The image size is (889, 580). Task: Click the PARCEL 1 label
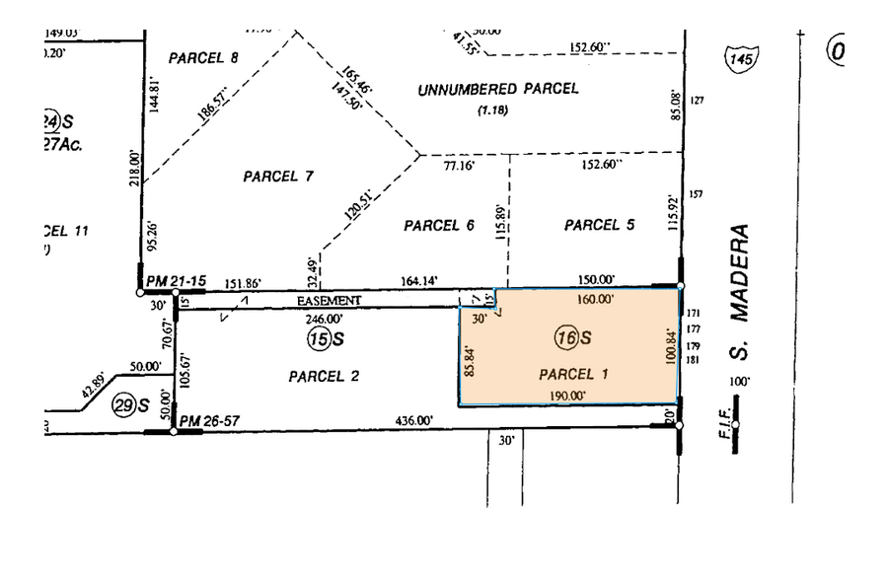coord(574,374)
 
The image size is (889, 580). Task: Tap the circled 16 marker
coord(565,337)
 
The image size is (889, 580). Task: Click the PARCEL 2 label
coord(324,376)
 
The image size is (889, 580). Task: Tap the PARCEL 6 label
coord(439,226)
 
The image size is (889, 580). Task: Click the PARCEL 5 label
coord(599,225)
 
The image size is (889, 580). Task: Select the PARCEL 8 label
coord(203,57)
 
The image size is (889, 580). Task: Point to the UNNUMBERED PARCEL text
coord(497,89)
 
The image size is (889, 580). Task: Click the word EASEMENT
coord(330,300)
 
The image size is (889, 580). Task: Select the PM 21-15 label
coord(176,282)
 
